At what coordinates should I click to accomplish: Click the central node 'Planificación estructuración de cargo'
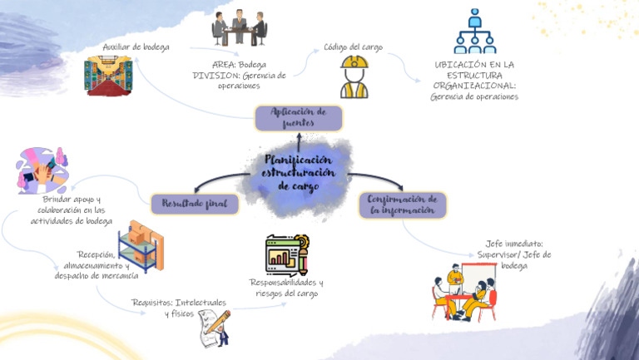[298, 173]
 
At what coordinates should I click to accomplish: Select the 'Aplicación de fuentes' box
[298, 118]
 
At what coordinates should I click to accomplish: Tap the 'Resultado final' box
[194, 204]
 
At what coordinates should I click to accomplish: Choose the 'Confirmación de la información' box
[403, 205]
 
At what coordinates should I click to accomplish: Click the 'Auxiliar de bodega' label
[136, 47]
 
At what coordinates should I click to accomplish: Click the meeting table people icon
[239, 29]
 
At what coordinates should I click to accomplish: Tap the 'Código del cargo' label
[354, 47]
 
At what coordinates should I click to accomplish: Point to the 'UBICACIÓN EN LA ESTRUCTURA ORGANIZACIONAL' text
[474, 80]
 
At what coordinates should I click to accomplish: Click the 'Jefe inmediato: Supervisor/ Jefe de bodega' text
[513, 254]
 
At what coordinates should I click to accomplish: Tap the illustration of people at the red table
[464, 293]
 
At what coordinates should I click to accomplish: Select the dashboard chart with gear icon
[286, 254]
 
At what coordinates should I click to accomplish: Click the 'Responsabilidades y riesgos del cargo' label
[286, 288]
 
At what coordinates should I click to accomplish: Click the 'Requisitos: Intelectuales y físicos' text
[178, 308]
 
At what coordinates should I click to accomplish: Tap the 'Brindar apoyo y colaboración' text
[71, 210]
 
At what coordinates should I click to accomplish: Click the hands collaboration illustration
[42, 170]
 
